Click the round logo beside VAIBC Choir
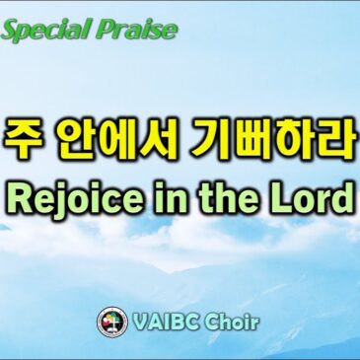[111, 322]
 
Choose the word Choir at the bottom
[234, 322]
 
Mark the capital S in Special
[13, 30]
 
